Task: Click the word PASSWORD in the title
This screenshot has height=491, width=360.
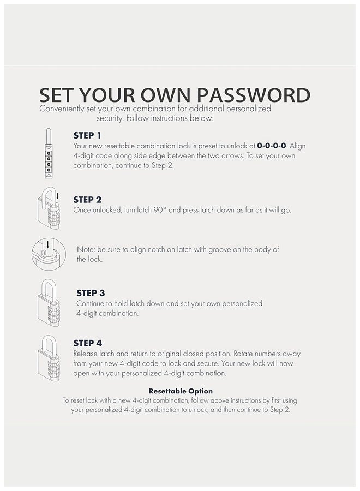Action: click(x=254, y=95)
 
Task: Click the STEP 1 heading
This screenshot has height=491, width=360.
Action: click(x=87, y=136)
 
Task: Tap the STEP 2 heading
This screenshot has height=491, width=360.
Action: click(x=87, y=200)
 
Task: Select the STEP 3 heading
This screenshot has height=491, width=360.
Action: click(x=91, y=293)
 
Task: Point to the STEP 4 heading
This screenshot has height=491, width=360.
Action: click(x=88, y=343)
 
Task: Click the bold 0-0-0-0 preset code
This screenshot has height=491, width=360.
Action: click(x=272, y=146)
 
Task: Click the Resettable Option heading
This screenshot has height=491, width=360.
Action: click(x=181, y=391)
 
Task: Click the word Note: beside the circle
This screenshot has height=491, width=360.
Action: click(x=86, y=249)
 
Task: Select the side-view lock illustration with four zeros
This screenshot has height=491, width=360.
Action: click(x=49, y=153)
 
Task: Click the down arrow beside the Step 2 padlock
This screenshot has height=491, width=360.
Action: click(x=57, y=196)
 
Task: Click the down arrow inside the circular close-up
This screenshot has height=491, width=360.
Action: click(x=47, y=244)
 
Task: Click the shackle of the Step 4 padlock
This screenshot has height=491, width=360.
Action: click(x=49, y=339)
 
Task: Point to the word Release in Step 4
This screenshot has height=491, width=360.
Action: click(x=85, y=354)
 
